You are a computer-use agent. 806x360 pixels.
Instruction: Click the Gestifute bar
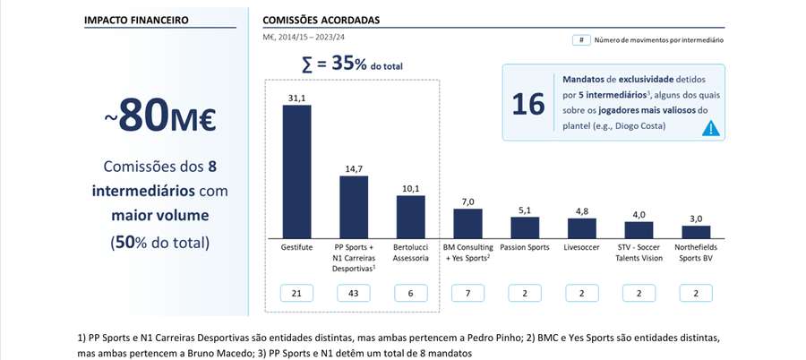pyautogui.click(x=296, y=169)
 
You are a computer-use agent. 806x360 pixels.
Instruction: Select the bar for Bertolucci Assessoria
pyautogui.click(x=410, y=215)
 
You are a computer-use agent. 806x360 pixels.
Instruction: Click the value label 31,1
pyautogui.click(x=296, y=98)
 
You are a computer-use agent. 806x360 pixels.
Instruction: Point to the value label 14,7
pyautogui.click(x=354, y=168)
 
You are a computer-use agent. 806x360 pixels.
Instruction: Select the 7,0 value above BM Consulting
pyautogui.click(x=467, y=201)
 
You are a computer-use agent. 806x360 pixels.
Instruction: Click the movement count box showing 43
pyautogui.click(x=354, y=293)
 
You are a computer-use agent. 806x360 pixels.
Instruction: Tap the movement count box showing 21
pyautogui.click(x=296, y=293)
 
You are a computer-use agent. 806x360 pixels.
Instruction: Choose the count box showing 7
pyautogui.click(x=467, y=293)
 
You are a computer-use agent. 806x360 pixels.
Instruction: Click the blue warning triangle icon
pyautogui.click(x=710, y=128)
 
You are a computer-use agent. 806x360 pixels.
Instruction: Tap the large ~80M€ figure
pyautogui.click(x=159, y=117)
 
